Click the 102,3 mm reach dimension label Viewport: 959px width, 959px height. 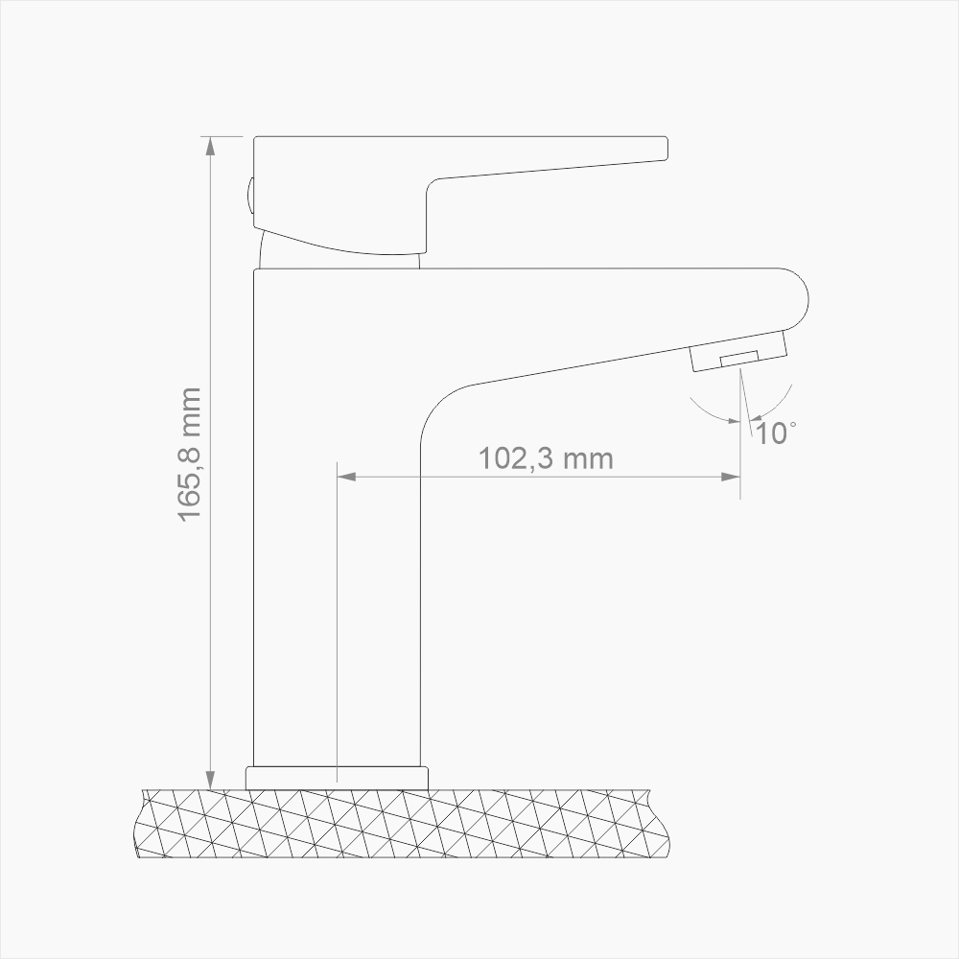point(546,458)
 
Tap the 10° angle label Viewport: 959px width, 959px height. point(774,433)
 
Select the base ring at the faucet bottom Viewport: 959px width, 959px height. point(337,777)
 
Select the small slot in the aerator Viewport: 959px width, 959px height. point(739,359)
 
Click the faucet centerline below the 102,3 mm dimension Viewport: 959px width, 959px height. point(338,623)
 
